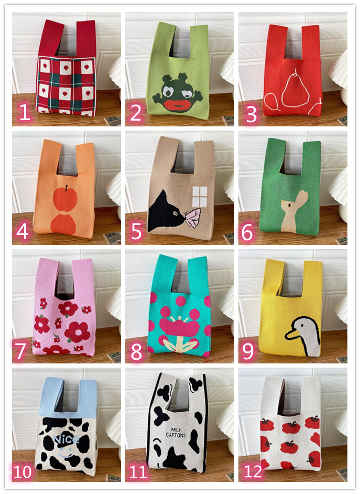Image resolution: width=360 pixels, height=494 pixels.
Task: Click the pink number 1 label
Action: (x=25, y=112)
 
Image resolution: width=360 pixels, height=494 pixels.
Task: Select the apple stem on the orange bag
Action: (x=67, y=188)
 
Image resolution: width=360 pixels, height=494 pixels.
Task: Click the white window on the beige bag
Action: (x=200, y=197)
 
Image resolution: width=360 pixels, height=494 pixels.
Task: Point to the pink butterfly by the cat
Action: (x=193, y=218)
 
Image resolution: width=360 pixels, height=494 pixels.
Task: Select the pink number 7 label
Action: (x=21, y=351)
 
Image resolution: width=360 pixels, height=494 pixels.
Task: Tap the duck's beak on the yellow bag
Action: (x=291, y=335)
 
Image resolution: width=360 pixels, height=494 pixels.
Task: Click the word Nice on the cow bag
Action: (x=67, y=439)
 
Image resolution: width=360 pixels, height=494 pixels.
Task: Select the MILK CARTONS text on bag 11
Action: (x=176, y=432)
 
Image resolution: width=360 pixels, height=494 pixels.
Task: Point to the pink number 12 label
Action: (x=253, y=471)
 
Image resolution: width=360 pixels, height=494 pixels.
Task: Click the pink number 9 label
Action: (x=248, y=351)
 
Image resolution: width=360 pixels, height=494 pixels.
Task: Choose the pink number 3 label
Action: (x=251, y=114)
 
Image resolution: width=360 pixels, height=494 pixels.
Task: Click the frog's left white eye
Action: (x=167, y=91)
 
